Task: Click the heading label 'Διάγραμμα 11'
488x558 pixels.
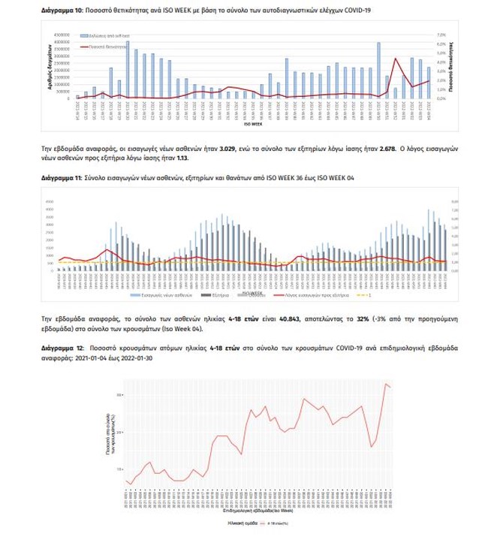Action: pyautogui.click(x=61, y=179)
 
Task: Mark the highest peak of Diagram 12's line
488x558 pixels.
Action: pyautogui.click(x=386, y=385)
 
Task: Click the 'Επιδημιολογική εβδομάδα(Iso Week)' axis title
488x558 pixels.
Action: pyautogui.click(x=263, y=510)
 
